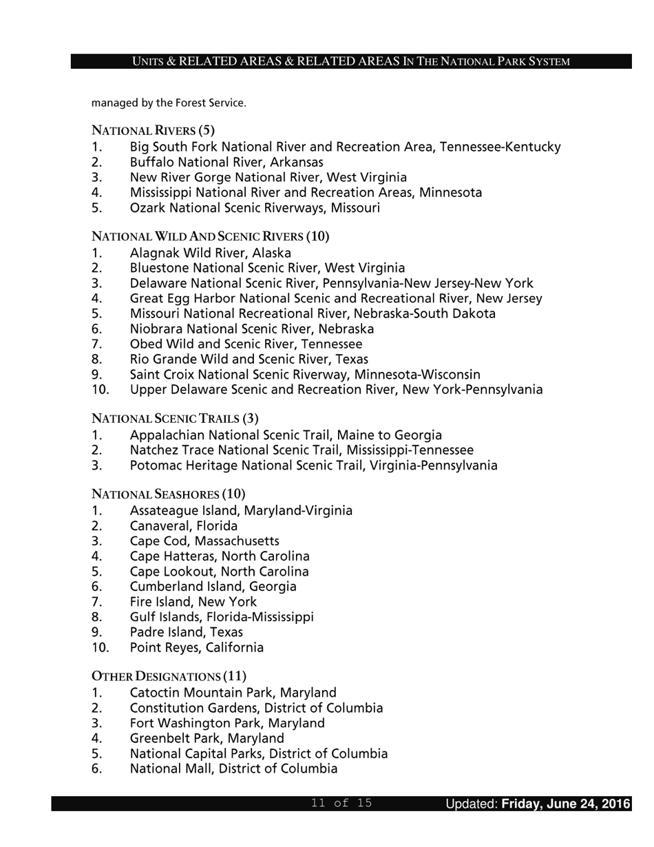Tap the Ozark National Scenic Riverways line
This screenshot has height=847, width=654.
[x=254, y=208]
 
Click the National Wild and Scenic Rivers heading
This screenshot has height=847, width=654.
[x=210, y=236]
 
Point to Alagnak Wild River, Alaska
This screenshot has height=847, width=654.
[x=210, y=253]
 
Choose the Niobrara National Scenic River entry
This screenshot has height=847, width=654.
[x=251, y=329]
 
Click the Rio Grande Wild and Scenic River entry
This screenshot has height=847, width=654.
[x=249, y=359]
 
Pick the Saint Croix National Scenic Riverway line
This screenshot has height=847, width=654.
[x=304, y=375]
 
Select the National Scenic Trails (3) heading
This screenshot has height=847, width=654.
[x=175, y=418]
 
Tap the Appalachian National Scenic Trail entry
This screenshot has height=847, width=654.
[x=285, y=435]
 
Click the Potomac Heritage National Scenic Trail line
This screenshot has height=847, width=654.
[x=313, y=466]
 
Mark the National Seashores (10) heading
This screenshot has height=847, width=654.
[x=168, y=494]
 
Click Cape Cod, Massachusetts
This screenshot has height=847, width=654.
[x=204, y=541]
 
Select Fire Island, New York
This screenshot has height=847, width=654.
[x=193, y=602]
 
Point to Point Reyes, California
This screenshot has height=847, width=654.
[x=196, y=647]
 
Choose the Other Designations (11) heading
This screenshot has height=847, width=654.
[x=169, y=676]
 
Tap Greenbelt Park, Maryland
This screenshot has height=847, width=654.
[x=207, y=738]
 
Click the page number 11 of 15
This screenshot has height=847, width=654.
[x=341, y=803]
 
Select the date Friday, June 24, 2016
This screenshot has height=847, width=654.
[x=565, y=804]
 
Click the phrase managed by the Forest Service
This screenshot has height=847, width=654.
[x=169, y=103]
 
